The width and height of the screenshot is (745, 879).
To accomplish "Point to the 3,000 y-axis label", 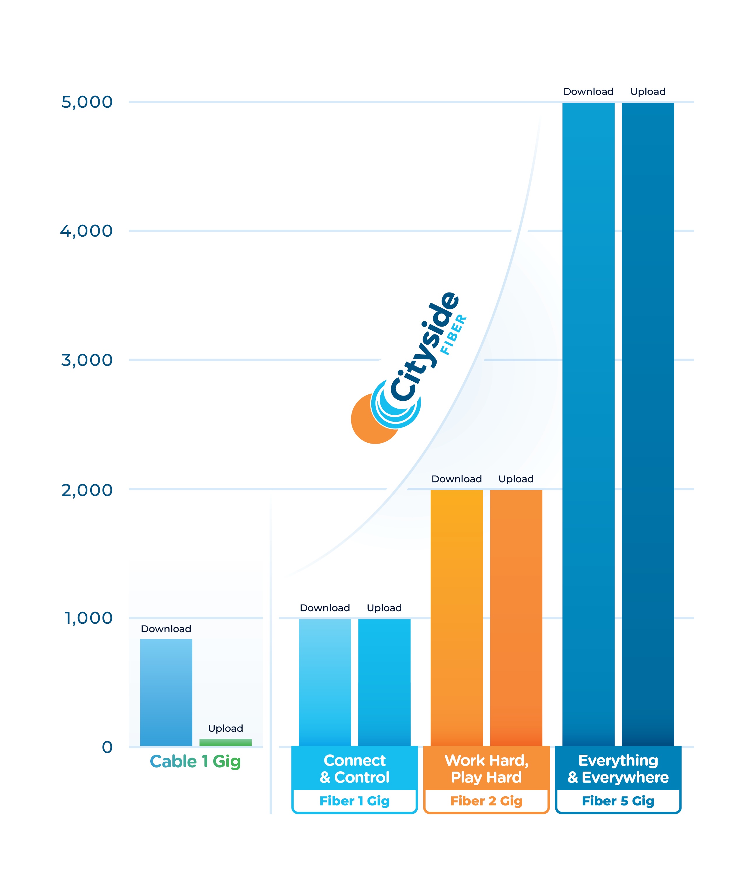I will click(87, 360).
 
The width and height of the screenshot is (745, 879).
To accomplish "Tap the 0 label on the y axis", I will click(107, 747).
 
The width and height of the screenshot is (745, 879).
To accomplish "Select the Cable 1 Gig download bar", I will click(166, 692).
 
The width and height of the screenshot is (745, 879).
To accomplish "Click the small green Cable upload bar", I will click(225, 742).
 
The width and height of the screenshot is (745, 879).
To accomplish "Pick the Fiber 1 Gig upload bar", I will click(384, 681).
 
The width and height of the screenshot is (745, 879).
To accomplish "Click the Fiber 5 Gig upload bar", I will click(647, 422).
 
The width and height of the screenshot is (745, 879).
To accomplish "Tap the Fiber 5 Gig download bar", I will click(588, 422).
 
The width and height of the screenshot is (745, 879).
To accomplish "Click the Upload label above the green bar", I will click(225, 728).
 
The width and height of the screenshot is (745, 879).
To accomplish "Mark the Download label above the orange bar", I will click(457, 479).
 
